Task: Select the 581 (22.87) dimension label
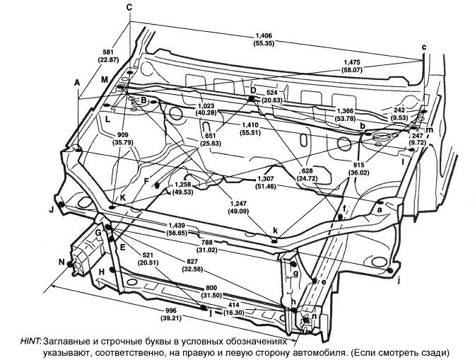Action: point(108,57)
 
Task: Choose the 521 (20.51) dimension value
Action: point(148,258)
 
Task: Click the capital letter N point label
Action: point(61,262)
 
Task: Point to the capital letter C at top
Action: point(129,6)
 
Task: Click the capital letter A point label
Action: point(76,83)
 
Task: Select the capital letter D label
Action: point(252,90)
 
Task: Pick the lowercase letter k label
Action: point(276,231)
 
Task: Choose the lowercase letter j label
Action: point(398,281)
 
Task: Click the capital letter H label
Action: point(102,272)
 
